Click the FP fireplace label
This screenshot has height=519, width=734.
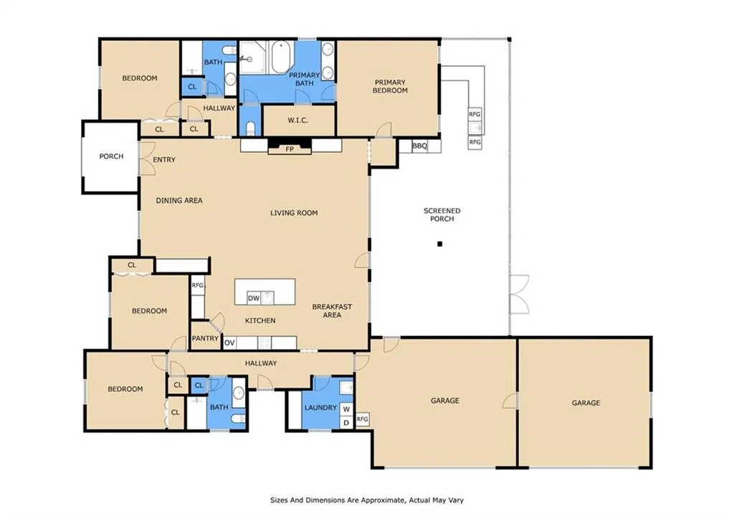[290, 149]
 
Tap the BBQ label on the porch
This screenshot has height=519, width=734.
[420, 146]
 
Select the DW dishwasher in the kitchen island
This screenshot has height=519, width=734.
[254, 298]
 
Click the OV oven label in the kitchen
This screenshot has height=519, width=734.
[229, 343]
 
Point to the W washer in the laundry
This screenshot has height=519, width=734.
[346, 409]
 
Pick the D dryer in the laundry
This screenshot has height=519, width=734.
[346, 423]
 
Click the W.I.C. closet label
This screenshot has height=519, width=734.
[297, 121]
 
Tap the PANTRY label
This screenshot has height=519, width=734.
[205, 338]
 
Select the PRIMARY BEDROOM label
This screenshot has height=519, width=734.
[390, 86]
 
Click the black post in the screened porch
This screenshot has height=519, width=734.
[439, 244]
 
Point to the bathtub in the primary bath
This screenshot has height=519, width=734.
[281, 57]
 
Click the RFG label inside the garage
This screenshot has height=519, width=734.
[362, 419]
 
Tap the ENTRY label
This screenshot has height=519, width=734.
[164, 160]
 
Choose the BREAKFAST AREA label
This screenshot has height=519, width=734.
[332, 311]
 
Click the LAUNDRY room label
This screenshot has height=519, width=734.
[320, 408]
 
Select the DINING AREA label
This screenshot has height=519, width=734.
[179, 201]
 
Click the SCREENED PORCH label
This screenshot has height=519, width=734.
[442, 215]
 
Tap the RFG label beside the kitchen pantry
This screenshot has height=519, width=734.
[198, 285]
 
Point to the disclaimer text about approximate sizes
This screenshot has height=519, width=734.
[367, 500]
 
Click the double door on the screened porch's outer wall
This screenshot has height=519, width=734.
[520, 294]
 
